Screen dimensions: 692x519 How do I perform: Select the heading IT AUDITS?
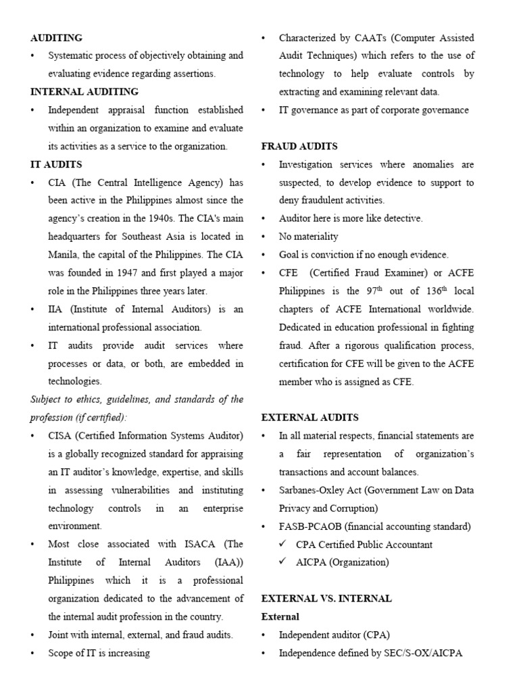click(x=56, y=164)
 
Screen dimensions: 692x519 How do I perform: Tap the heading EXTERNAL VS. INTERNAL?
click(x=326, y=599)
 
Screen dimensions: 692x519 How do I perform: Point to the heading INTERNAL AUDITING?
click(x=84, y=91)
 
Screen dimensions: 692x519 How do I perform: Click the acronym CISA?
click(x=61, y=435)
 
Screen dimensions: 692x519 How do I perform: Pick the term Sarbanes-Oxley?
click(x=314, y=490)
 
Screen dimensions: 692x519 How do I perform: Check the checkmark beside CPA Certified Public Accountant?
click(x=285, y=545)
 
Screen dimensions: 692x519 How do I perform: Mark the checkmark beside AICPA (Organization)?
click(x=285, y=562)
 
